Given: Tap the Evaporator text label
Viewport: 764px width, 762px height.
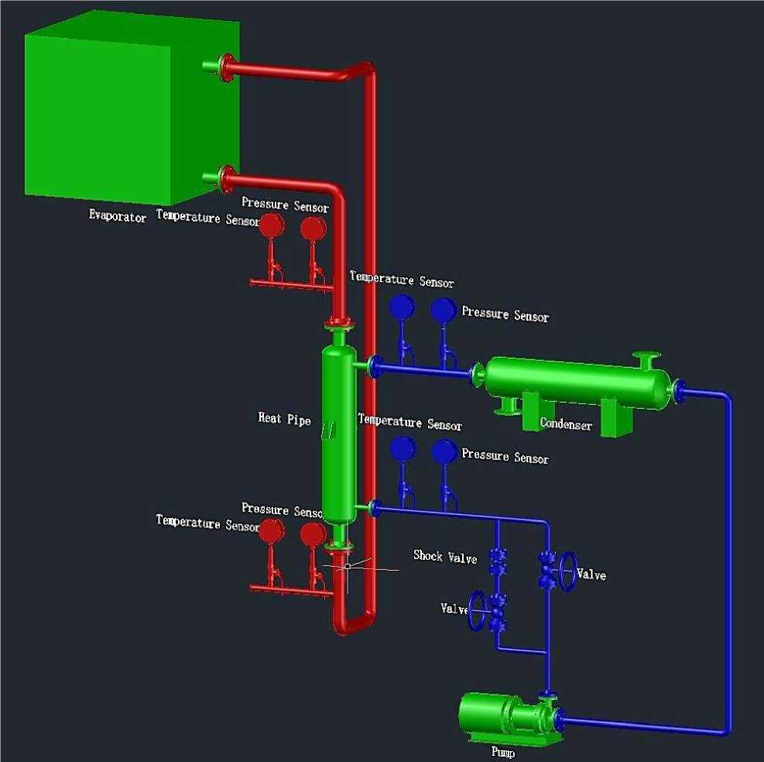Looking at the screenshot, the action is [x=117, y=218].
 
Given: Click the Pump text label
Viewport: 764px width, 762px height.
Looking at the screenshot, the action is [x=502, y=751].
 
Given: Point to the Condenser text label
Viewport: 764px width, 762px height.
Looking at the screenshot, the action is [x=566, y=424].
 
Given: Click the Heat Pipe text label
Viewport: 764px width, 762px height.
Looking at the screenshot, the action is [x=284, y=419].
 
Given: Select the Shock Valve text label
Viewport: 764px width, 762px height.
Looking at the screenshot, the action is [x=444, y=556].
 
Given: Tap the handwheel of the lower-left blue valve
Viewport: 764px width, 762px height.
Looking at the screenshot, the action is [x=478, y=611].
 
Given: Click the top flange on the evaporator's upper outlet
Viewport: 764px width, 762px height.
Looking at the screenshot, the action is [x=226, y=67].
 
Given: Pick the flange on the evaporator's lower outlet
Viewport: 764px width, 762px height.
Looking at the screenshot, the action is [x=226, y=178].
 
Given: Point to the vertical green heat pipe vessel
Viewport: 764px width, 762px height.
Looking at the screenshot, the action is [x=338, y=434].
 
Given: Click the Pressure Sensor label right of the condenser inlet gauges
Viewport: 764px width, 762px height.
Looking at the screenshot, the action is [x=505, y=315].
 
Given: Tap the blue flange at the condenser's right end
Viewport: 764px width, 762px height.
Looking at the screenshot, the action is [x=678, y=391].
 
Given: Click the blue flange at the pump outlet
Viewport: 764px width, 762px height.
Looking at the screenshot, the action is [x=560, y=721].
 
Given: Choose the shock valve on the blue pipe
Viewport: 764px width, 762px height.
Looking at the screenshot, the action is [x=498, y=561].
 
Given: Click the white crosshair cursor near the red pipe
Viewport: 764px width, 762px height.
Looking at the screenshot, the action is [x=348, y=566].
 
